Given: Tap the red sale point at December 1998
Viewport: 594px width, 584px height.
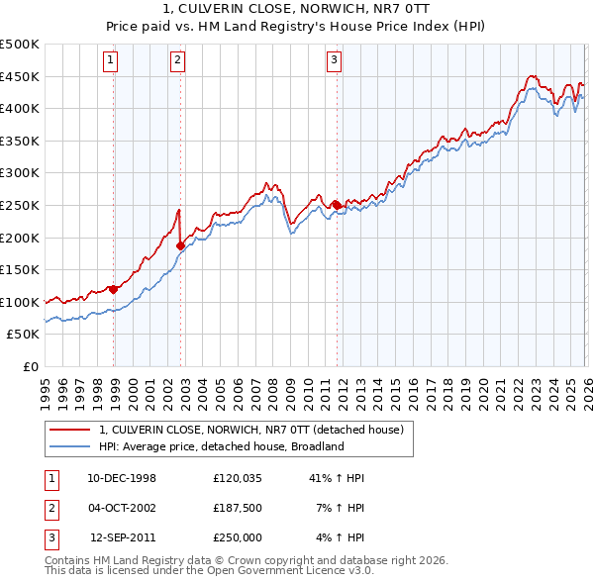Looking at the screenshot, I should pos(114,289).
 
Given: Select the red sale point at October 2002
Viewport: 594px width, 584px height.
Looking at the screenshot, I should pos(180,245).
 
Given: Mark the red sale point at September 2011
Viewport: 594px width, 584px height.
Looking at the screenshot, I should pos(337,205).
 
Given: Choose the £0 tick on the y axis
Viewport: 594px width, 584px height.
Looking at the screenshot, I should pos(32,366).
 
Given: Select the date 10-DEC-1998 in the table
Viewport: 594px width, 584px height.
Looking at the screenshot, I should pos(122,478).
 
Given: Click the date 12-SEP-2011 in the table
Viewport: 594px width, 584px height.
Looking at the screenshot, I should pos(123,537).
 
